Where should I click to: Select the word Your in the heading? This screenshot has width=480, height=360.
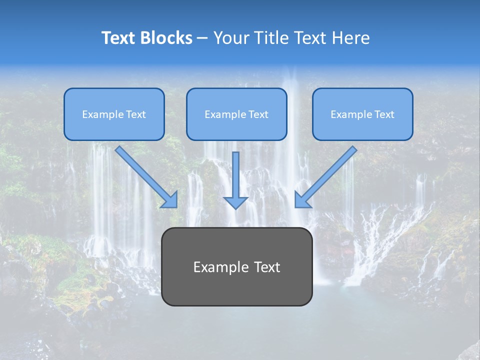tap(230, 38)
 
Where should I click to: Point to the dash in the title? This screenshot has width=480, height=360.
tap(202, 38)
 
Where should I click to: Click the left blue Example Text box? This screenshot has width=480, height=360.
tap(114, 114)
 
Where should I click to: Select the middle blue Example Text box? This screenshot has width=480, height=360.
tap(236, 114)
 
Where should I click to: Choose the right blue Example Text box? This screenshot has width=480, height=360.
tap(362, 114)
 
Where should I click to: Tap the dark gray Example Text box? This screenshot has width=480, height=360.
tap(236, 266)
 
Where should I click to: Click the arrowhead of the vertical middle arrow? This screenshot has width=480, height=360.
tap(235, 202)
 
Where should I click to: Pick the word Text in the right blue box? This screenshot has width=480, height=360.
tap(384, 114)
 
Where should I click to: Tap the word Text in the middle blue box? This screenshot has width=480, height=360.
tap(258, 114)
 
